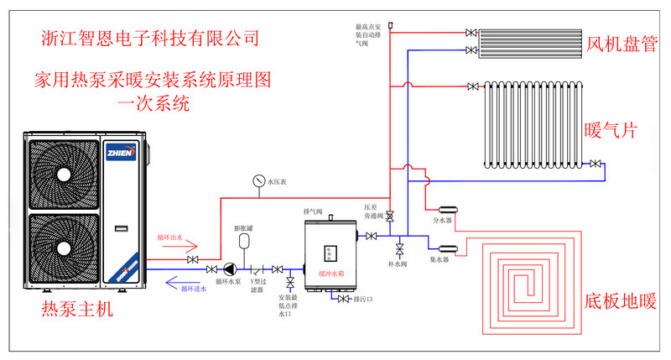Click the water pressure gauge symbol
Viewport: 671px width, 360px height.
coord(257,180)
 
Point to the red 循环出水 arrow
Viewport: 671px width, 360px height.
coord(177,248)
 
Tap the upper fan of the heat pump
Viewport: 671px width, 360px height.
coord(65,170)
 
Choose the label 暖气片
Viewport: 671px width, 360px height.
coord(611,131)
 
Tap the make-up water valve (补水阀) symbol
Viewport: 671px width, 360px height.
coord(399,248)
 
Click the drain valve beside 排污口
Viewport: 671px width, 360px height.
coord(343,299)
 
